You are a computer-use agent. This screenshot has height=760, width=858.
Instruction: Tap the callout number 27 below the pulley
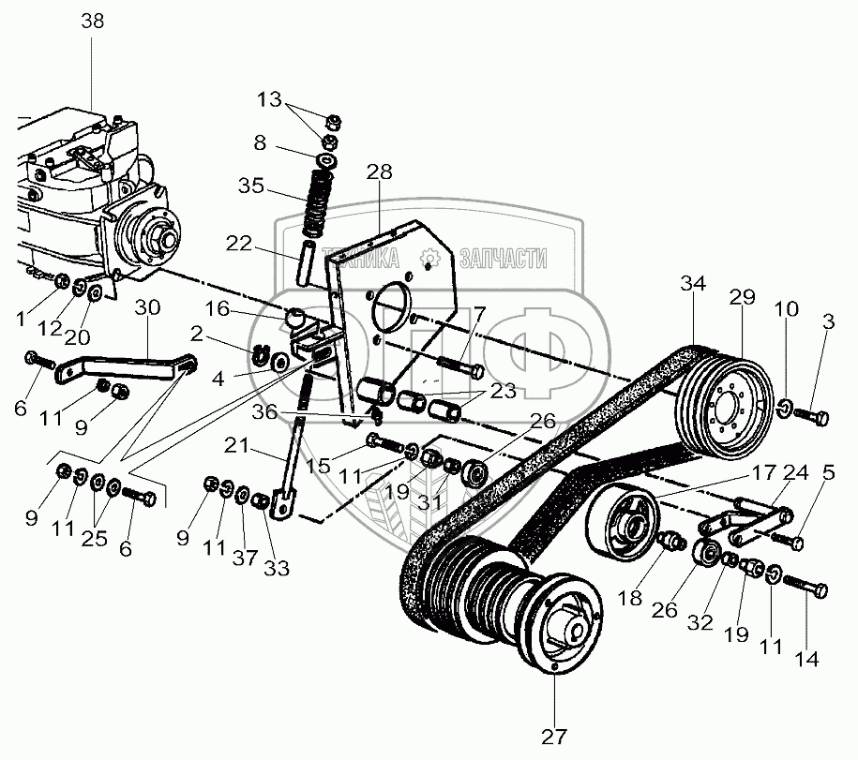point(554,736)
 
